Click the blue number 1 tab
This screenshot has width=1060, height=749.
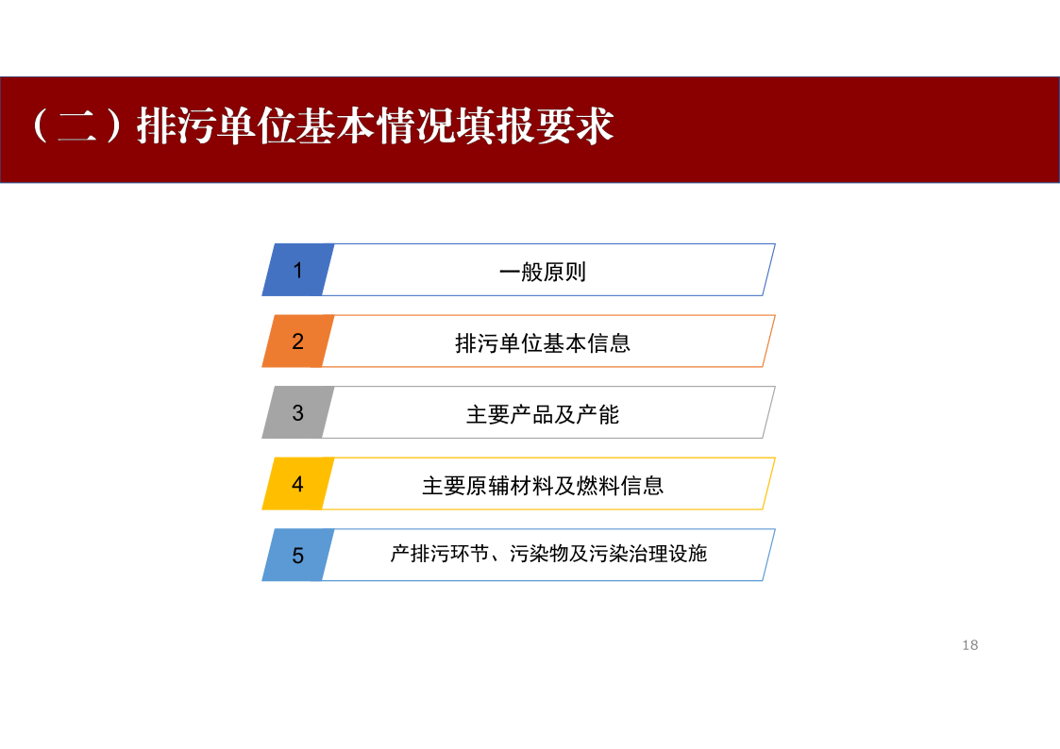(x=297, y=270)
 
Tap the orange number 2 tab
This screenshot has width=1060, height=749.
(x=297, y=341)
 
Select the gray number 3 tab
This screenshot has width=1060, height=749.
(x=297, y=412)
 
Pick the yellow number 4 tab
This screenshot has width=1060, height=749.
(x=297, y=484)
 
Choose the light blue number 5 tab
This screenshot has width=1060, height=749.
(x=297, y=556)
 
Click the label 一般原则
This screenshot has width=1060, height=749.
(x=542, y=272)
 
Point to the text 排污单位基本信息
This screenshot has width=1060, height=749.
(x=542, y=343)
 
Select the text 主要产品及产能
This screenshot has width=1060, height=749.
(x=542, y=414)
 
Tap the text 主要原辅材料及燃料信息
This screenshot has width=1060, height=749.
(x=542, y=486)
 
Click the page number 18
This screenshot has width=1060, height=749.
(x=970, y=645)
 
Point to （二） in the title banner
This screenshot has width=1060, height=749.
(x=77, y=125)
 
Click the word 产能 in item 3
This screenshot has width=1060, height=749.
(x=597, y=414)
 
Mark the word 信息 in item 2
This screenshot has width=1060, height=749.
(x=609, y=343)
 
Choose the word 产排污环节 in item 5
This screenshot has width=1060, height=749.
(x=440, y=554)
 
